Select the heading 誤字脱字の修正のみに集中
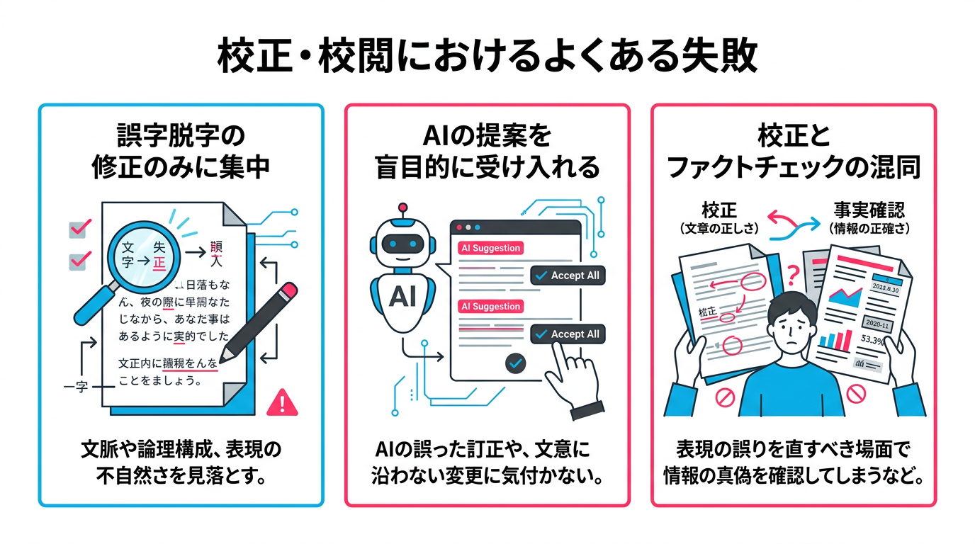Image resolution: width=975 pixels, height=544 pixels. pyautogui.click(x=181, y=152)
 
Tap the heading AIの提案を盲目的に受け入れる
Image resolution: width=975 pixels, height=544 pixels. pyautogui.click(x=487, y=152)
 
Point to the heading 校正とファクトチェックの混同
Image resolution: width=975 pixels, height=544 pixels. pyautogui.click(x=793, y=152)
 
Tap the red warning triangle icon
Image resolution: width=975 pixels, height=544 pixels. pyautogui.click(x=283, y=402)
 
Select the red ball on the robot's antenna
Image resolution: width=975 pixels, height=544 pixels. pyautogui.click(x=403, y=208)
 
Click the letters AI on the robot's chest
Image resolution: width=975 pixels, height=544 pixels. pyautogui.click(x=402, y=297)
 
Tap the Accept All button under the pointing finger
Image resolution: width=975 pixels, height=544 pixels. pyautogui.click(x=568, y=334)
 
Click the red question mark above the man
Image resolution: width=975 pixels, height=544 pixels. pyautogui.click(x=793, y=272)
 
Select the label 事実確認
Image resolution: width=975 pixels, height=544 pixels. pyautogui.click(x=869, y=210)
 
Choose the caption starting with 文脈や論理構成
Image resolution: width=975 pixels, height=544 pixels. pyautogui.click(x=181, y=463)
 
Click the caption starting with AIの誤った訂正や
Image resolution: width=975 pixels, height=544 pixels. pyautogui.click(x=487, y=463)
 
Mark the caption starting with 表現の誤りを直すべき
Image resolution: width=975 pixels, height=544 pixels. pyautogui.click(x=793, y=463)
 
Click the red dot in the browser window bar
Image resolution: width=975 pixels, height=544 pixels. pyautogui.click(x=459, y=228)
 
